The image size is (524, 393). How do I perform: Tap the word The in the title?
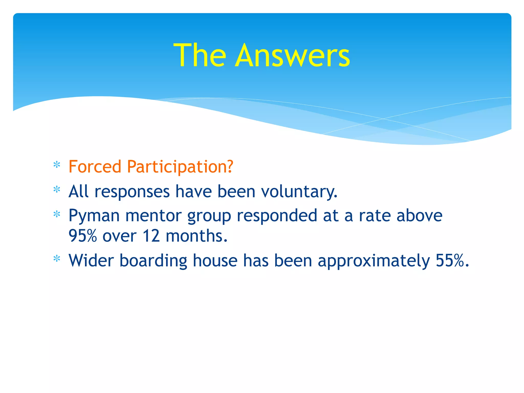(200, 56)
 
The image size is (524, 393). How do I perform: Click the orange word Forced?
(95, 167)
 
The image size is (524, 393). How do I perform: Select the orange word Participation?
(180, 167)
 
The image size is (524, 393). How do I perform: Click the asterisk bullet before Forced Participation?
(57, 165)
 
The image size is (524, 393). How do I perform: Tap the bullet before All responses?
(57, 190)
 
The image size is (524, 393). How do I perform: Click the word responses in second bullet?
(132, 191)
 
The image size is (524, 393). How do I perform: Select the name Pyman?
(94, 215)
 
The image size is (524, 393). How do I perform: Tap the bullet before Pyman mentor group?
(57, 214)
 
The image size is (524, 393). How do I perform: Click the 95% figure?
(83, 236)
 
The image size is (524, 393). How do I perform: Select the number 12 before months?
(151, 236)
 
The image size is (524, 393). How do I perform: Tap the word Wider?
(91, 260)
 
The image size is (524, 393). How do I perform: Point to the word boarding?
(153, 260)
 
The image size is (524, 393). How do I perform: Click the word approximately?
(374, 260)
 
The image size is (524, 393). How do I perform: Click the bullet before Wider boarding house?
(57, 259)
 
